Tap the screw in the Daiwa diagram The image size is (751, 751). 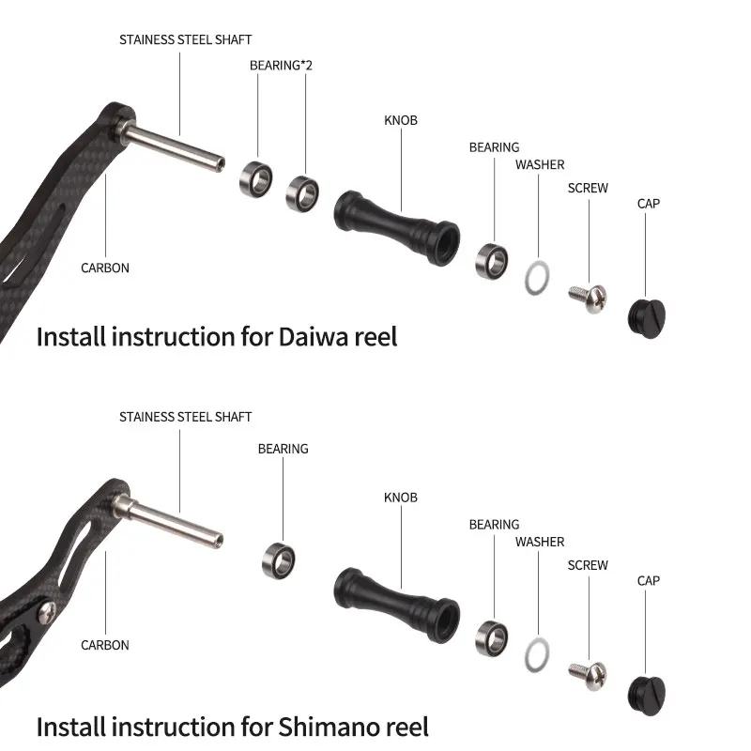[588, 298]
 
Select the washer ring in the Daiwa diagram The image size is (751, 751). [536, 277]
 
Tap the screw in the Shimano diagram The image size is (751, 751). [587, 675]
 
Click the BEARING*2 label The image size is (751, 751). [281, 66]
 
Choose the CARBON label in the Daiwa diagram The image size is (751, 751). [105, 268]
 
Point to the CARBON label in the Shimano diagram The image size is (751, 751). [105, 645]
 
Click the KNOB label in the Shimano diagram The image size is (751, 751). [401, 498]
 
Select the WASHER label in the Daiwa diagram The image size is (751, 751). [540, 165]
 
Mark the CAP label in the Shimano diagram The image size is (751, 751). [649, 581]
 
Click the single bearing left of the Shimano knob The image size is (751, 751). [279, 558]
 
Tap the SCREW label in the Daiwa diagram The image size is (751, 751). [588, 188]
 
